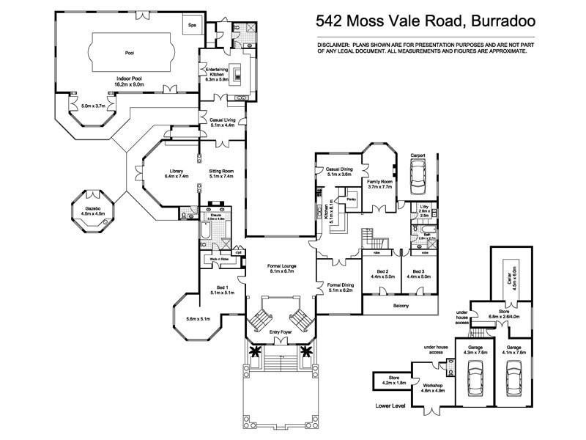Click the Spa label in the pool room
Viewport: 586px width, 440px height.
pyautogui.click(x=193, y=25)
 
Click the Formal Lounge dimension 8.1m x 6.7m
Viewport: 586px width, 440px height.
pyautogui.click(x=281, y=271)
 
